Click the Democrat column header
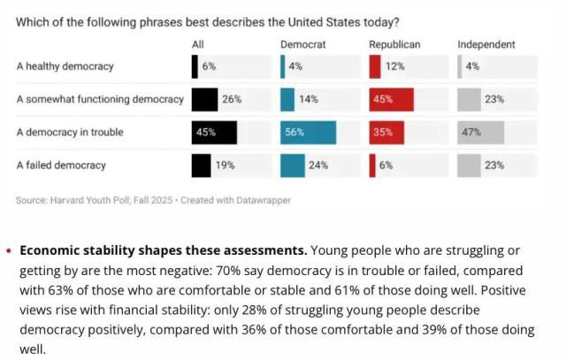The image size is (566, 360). [301, 44]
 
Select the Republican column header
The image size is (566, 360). [394, 44]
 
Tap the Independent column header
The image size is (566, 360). [486, 44]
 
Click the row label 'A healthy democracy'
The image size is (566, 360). [65, 66]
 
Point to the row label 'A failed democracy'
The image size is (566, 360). [61, 165]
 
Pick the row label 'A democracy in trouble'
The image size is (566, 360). [70, 133]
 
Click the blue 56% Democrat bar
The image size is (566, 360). [308, 133]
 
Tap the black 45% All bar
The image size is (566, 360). [214, 133]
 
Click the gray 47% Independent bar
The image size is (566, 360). [480, 133]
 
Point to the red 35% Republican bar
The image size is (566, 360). [384, 133]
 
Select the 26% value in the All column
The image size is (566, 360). [232, 99]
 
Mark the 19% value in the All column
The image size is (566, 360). [226, 165]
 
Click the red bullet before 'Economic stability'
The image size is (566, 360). [9, 250]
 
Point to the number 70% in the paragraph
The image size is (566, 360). [304, 270]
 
